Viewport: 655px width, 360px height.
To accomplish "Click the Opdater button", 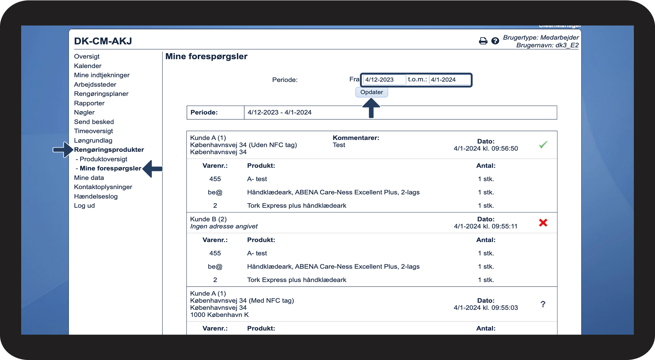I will tap(371, 92).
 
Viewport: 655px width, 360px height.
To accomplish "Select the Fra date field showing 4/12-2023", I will tap(384, 80).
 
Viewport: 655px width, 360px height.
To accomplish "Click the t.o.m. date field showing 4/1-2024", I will tap(449, 80).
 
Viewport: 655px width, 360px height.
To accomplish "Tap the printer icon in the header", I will tap(483, 41).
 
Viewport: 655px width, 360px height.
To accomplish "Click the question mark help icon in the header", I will tap(495, 41).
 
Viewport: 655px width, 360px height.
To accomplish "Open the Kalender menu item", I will tap(87, 66).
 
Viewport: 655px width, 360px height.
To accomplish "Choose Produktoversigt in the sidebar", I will tap(103, 159).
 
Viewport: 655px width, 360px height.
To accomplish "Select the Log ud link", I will tap(85, 206).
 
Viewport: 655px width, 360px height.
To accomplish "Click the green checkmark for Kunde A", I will tap(543, 145).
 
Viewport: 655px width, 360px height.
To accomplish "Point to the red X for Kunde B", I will tap(543, 222).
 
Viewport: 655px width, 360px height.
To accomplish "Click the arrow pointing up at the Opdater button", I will tap(371, 109).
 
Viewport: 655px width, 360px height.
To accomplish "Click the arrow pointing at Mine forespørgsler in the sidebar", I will tap(152, 169).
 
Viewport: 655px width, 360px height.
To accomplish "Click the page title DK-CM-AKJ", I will tap(103, 41).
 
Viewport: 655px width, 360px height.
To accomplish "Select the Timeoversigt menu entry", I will tap(93, 131).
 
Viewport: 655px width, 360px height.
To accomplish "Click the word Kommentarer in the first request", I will tap(356, 138).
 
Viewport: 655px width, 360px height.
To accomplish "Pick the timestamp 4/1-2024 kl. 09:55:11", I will tap(486, 227).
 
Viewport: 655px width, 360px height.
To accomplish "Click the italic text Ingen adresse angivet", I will tap(224, 227).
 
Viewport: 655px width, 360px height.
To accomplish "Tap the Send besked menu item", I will tap(94, 122).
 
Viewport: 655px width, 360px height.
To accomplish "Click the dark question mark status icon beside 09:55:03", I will tap(543, 304).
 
